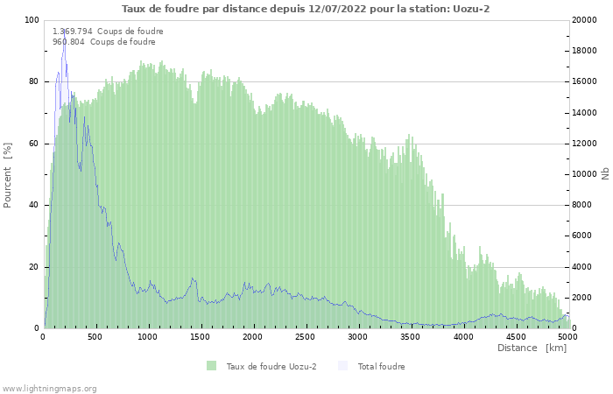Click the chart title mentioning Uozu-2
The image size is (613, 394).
pos(306,9)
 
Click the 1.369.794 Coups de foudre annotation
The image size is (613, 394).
pos(108,31)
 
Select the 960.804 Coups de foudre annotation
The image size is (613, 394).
pos(103,41)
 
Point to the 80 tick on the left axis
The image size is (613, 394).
pos(34,81)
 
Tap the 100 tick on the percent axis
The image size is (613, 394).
pos(32,20)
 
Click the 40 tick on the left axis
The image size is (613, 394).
pos(34,205)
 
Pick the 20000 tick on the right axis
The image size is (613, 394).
pos(585,20)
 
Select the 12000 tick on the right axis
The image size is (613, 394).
pos(585,144)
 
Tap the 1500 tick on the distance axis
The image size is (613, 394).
pos(201,336)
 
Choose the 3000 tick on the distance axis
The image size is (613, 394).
pos(357,336)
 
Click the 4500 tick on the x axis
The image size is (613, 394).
pos(515,336)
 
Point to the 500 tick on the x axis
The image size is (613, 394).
pos(95,336)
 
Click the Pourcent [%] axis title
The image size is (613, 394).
pos(8,174)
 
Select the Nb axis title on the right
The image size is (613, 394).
pos(605,174)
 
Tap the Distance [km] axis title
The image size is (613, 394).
pos(532,348)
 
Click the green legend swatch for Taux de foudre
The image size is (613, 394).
pos(211,366)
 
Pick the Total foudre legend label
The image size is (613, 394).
pos(381,366)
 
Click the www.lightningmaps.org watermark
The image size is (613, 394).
pos(50,388)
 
